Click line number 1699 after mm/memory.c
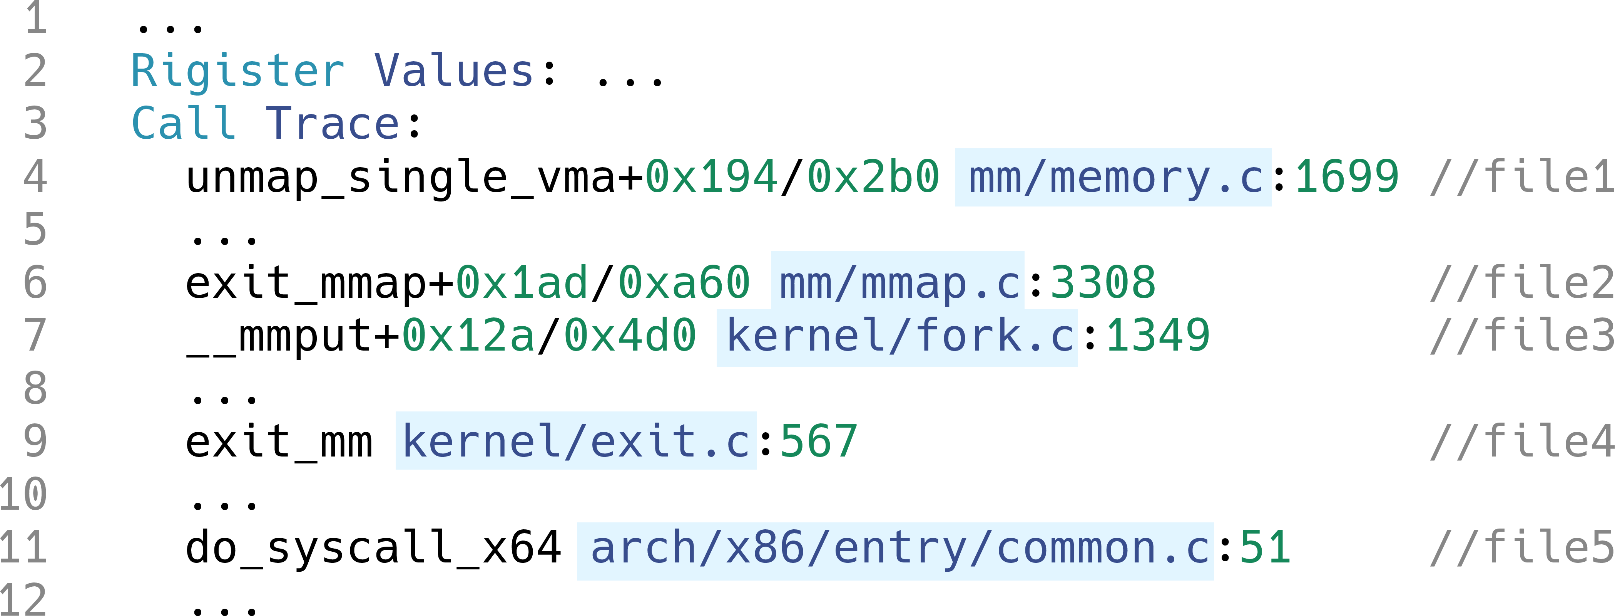(1347, 176)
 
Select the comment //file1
(1522, 176)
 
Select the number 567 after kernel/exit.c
(819, 441)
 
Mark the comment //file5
(1522, 547)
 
